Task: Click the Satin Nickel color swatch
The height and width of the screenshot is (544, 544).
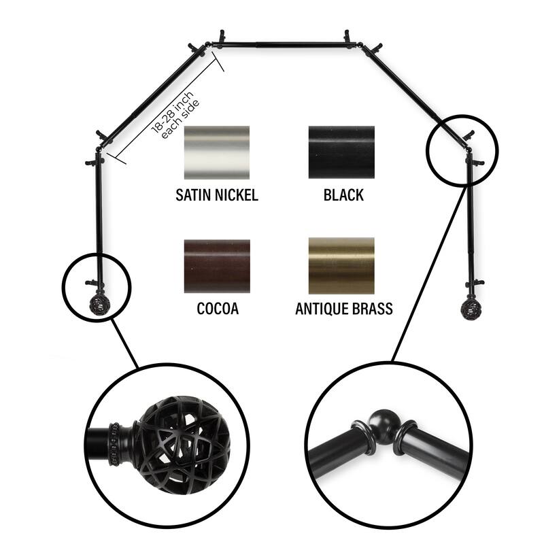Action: pos(216,152)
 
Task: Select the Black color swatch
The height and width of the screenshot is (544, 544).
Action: pos(341,152)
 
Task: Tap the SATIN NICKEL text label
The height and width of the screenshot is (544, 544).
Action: pos(216,196)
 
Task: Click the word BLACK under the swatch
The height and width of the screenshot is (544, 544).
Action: pos(343,196)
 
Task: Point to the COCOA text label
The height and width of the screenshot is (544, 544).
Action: pos(218,309)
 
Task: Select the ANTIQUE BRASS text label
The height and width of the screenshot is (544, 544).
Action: pos(343,309)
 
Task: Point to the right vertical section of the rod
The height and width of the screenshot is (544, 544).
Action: pos(469,218)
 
